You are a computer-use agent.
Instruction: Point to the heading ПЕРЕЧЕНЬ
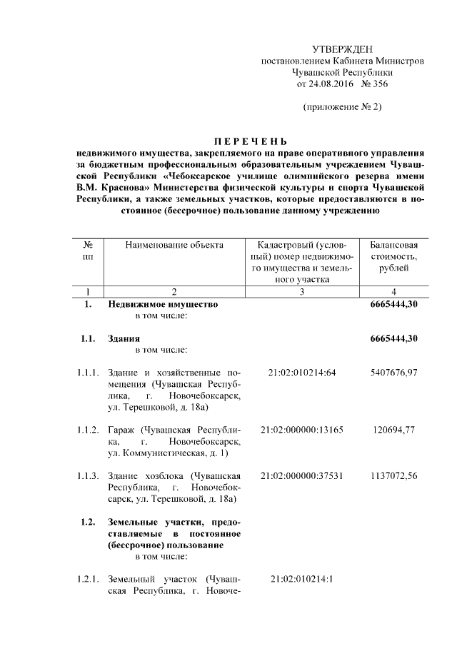(x=251, y=141)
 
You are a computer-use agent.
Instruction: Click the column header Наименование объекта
(x=174, y=245)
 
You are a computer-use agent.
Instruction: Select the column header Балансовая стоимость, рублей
(x=394, y=256)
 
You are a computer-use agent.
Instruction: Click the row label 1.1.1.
(x=89, y=373)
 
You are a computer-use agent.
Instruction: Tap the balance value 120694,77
(x=394, y=430)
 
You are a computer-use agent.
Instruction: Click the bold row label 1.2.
(x=89, y=522)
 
